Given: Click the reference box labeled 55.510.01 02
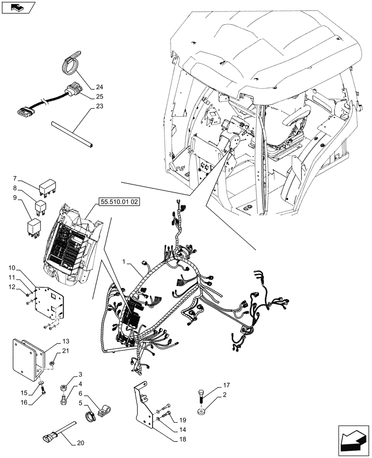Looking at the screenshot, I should pyautogui.click(x=117, y=202).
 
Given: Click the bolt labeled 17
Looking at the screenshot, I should pyautogui.click(x=202, y=394).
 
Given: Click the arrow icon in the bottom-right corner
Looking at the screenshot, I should pyautogui.click(x=353, y=441).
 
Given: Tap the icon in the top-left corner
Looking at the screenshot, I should pyautogui.click(x=17, y=7).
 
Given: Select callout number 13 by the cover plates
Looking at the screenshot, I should pyautogui.click(x=66, y=341).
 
